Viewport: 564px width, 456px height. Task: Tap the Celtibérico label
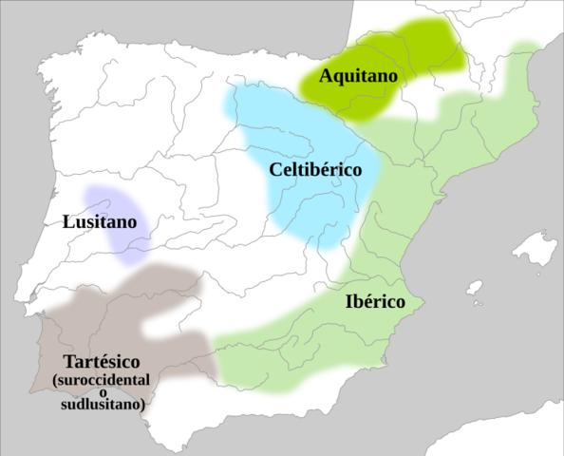(315, 170)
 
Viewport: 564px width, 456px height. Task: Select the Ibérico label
(374, 301)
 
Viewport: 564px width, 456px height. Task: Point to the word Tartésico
(102, 362)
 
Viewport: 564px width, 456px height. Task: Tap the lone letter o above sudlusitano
(102, 392)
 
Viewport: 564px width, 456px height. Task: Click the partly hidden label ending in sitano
(116, 221)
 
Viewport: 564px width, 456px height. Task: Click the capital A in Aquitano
(327, 75)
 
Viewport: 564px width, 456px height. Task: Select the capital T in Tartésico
(68, 362)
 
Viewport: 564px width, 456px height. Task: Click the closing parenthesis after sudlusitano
(142, 406)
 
